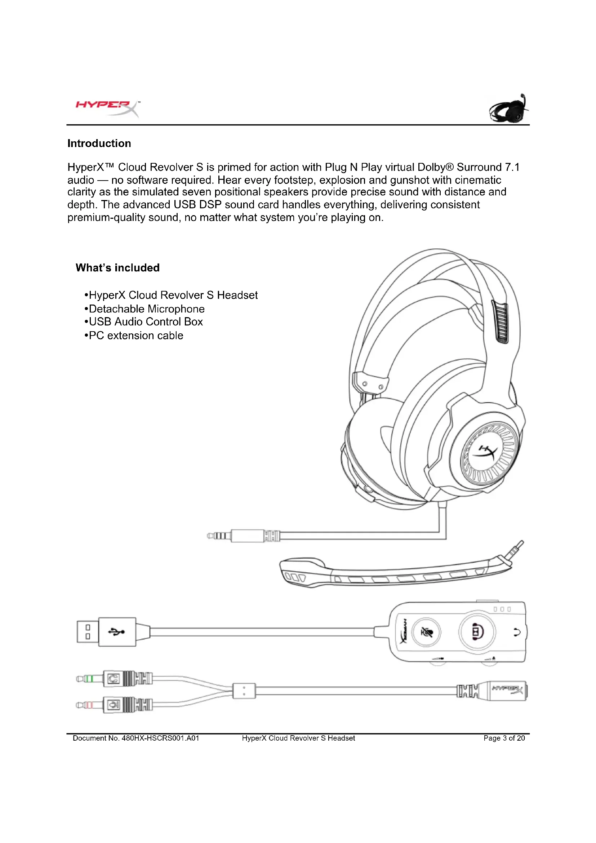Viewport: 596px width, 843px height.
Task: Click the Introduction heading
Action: coord(99,143)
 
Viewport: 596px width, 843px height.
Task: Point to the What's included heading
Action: coord(117,268)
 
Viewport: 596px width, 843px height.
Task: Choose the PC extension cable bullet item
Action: coord(136,336)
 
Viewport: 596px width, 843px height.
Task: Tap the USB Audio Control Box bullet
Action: coord(146,322)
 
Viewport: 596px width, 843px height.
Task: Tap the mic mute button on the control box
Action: coord(426,632)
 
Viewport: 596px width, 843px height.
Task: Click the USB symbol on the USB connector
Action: coord(116,632)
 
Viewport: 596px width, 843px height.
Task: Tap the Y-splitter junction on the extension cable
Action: coord(244,691)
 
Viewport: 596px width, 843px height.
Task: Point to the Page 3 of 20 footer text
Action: coord(504,738)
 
